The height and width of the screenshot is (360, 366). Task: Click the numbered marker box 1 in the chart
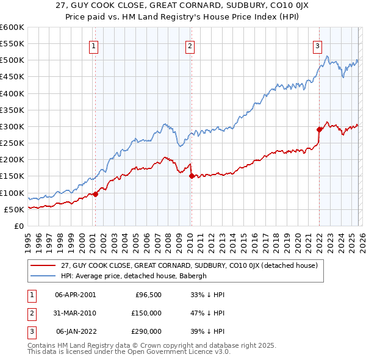[x=95, y=46]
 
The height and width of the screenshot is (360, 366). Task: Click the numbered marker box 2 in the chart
[x=190, y=46]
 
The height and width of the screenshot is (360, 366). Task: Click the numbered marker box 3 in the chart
[x=318, y=46]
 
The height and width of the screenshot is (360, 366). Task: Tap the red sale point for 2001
[x=95, y=194]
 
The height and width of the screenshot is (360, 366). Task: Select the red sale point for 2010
[x=192, y=176]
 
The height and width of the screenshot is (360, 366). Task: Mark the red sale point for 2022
[x=318, y=129]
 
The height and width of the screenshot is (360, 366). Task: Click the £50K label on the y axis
[x=14, y=209]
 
